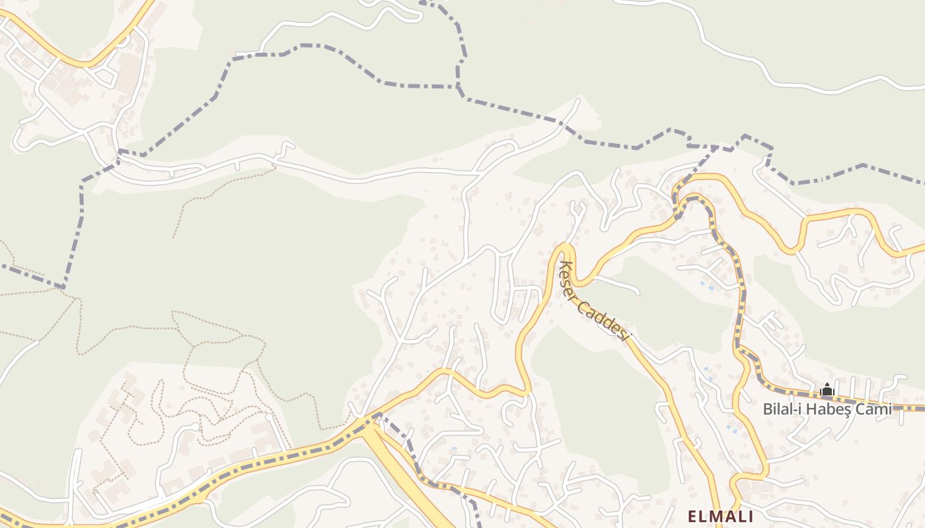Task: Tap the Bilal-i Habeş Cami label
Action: [827, 409]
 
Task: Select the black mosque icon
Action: [827, 390]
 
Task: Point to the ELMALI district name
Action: [720, 516]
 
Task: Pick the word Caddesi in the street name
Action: [607, 319]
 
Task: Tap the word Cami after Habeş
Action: [876, 409]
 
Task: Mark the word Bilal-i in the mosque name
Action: [784, 409]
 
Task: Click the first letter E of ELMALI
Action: [692, 516]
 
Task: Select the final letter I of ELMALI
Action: [749, 516]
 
